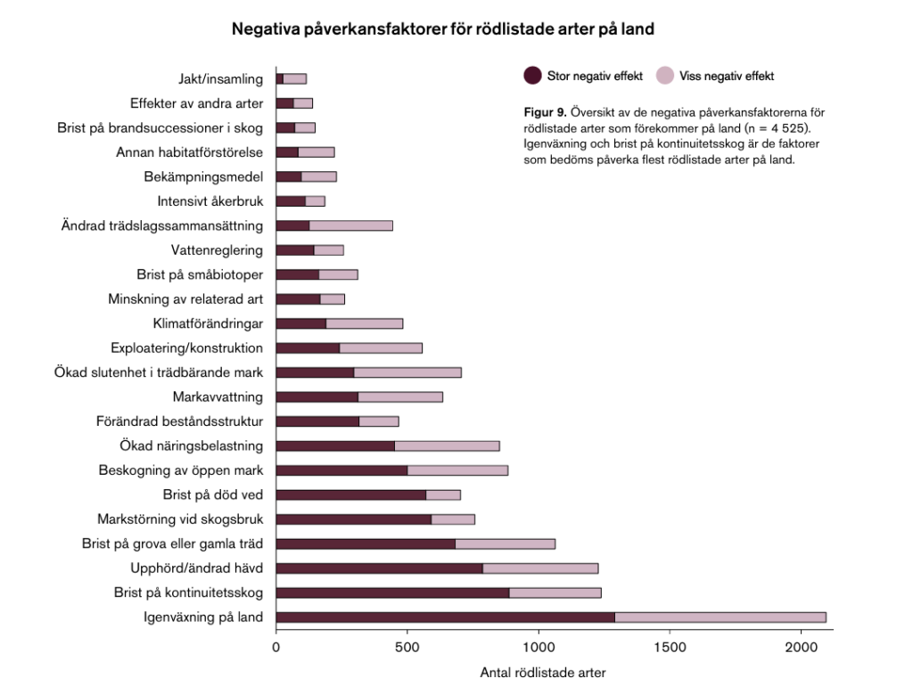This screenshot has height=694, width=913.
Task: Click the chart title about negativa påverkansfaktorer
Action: point(443,29)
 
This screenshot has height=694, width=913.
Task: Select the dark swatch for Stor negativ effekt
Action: point(532,76)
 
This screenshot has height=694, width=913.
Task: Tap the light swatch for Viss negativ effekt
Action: point(665,76)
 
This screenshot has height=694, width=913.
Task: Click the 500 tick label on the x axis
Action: point(407,647)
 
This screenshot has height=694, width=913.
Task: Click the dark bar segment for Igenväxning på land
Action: point(446,616)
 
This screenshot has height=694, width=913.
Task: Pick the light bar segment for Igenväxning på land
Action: point(720,616)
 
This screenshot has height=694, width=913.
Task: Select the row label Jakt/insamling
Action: point(220,79)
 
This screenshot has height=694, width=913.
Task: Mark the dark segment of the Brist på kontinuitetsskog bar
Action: point(392,592)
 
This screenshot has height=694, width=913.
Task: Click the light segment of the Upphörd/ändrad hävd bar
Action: point(540,567)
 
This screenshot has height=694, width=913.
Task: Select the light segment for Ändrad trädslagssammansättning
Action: point(350,225)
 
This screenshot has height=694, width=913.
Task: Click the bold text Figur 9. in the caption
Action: point(544,112)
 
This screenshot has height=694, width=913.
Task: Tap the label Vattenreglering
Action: point(217,250)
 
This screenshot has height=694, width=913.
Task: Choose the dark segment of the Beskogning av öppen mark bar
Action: point(341,469)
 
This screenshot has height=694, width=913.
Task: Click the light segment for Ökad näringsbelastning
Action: point(447,445)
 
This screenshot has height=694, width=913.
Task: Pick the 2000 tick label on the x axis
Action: point(801,647)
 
